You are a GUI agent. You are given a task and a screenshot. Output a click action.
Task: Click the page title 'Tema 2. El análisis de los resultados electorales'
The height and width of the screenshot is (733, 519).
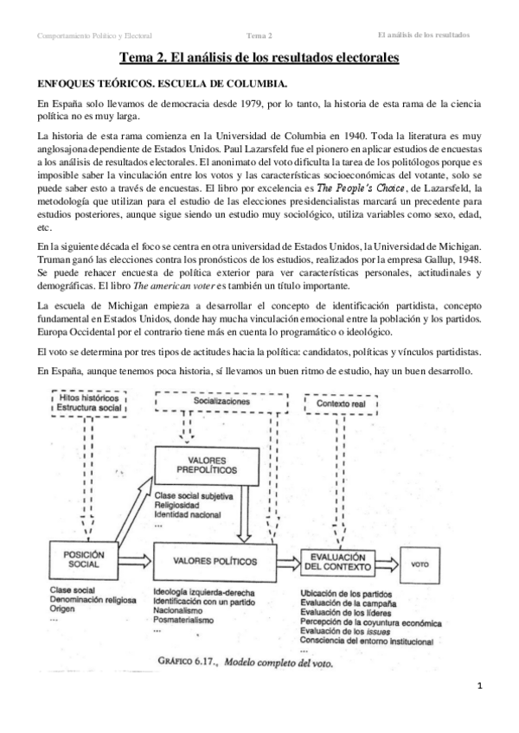[x=259, y=59]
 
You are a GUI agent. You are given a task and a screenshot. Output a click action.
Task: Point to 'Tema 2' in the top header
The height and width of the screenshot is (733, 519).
[x=259, y=35]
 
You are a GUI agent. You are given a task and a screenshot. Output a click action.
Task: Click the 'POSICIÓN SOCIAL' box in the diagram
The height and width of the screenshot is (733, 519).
[x=78, y=559]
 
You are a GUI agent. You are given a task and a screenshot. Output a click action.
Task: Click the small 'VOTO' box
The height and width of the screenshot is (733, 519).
[x=421, y=563]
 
